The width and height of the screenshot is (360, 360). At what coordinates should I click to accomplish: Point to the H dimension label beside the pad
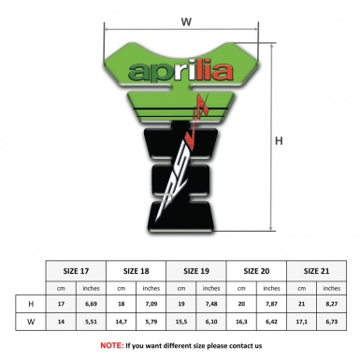[x=280, y=141]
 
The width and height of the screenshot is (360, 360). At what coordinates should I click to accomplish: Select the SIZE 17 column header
[x=77, y=269]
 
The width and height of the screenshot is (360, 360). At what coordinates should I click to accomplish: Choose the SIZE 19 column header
[x=196, y=269]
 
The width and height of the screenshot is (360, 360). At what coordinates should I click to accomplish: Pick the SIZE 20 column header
[x=256, y=269]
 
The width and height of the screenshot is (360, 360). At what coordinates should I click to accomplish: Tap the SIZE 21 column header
[x=316, y=269]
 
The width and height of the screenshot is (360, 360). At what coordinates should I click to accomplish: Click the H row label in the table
[x=31, y=305]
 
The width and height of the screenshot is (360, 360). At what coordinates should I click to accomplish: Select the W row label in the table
[x=31, y=323]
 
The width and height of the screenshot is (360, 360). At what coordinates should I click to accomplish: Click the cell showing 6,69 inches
[x=92, y=305]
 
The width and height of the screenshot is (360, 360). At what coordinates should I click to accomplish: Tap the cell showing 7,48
[x=212, y=305]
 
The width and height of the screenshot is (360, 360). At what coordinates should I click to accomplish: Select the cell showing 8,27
[x=332, y=305]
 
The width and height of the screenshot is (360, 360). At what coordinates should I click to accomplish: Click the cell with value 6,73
[x=332, y=323]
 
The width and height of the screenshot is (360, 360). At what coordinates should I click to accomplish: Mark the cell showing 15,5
[x=181, y=323]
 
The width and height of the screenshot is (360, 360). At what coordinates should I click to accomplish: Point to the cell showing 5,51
[x=92, y=323]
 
